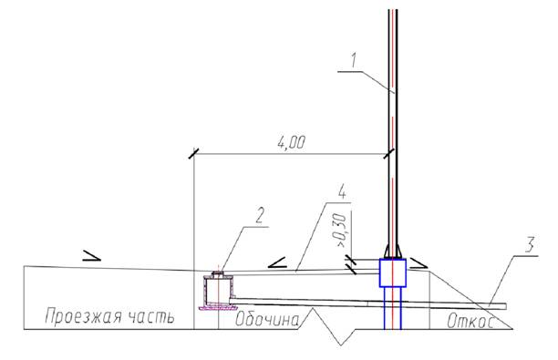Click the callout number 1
(353, 60)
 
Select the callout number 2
(260, 215)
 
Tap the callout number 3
(530, 245)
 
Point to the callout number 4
(341, 191)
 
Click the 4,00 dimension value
(291, 143)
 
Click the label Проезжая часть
(109, 316)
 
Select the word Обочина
(267, 319)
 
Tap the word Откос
(470, 321)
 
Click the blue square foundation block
(393, 273)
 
